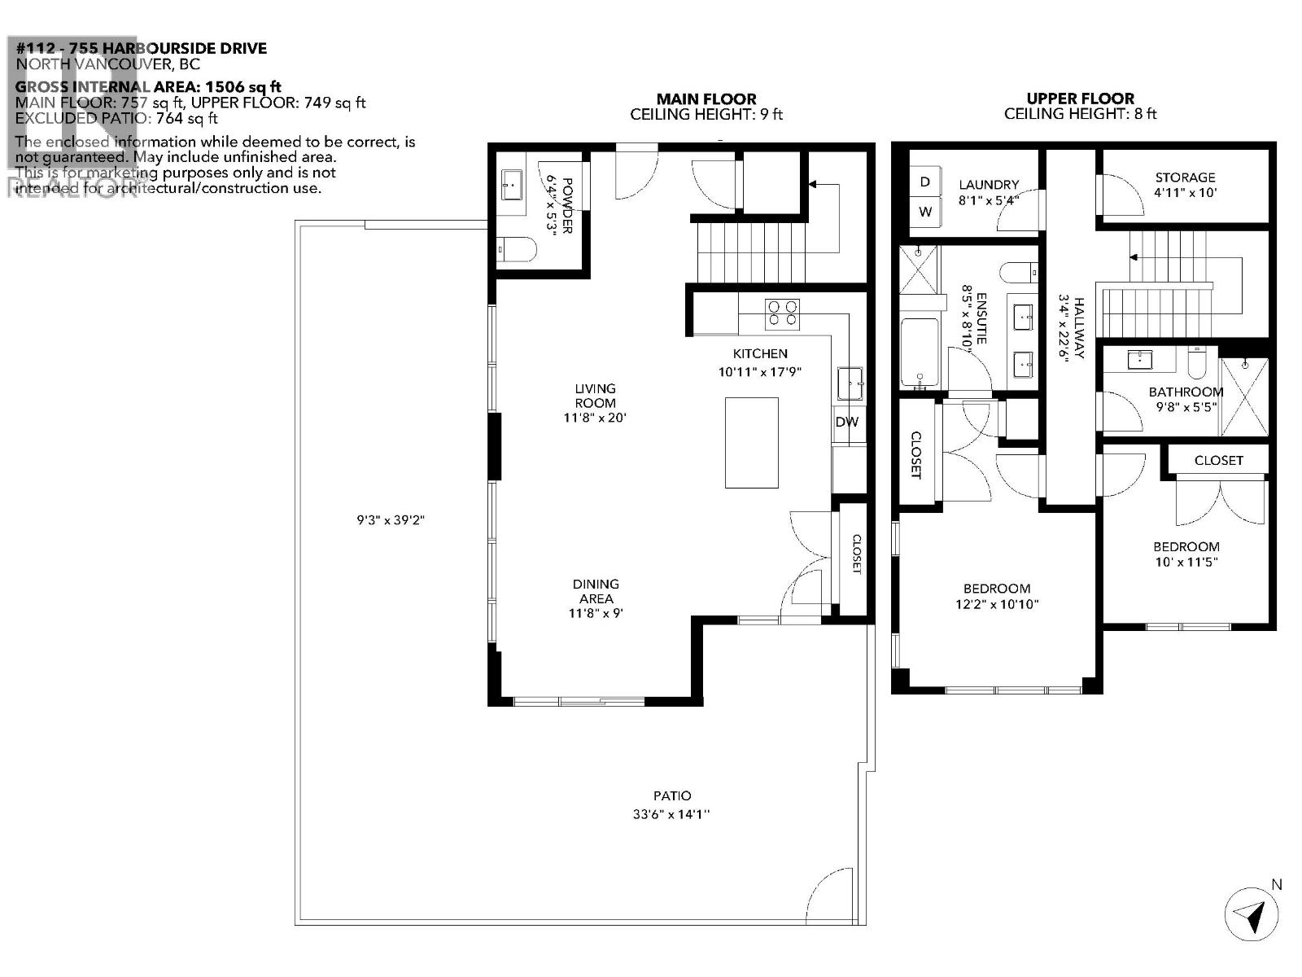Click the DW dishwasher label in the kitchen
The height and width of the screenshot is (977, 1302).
846,422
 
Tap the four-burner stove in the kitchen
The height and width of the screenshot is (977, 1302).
782,313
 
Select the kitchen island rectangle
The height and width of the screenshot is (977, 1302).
751,443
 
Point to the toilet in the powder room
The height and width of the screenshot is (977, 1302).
518,249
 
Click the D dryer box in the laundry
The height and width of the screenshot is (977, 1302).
924,182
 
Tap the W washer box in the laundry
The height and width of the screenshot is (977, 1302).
924,212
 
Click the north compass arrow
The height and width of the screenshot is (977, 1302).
1252,915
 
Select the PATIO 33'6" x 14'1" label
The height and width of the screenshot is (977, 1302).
672,805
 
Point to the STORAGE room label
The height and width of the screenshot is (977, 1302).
1185,177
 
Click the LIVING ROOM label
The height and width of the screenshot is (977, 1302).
596,396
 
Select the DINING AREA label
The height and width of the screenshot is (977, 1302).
596,591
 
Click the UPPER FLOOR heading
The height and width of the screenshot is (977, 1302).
1080,99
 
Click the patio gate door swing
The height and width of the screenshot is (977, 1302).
831,896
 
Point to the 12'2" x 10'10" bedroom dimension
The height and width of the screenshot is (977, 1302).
997,604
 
